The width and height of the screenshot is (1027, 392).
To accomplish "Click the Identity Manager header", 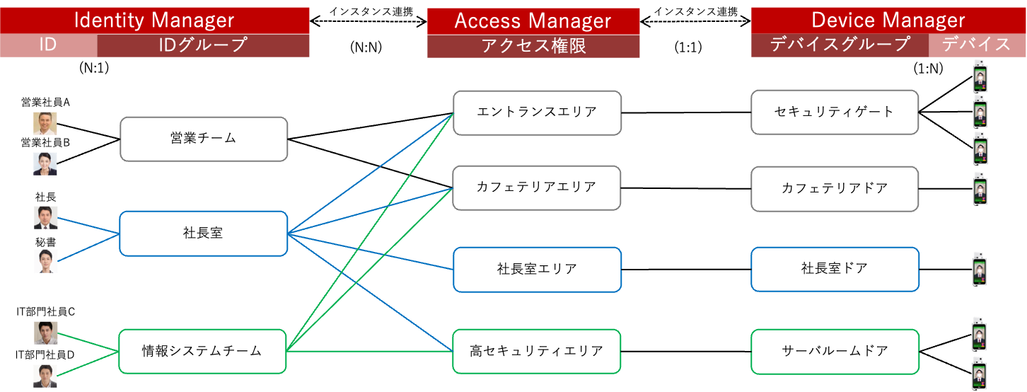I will click(154, 20).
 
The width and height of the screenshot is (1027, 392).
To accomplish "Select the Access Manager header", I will click(533, 21).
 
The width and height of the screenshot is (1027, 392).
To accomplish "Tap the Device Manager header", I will click(888, 21).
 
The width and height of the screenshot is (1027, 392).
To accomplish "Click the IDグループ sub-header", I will click(202, 45).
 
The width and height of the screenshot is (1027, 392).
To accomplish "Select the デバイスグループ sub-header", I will click(840, 45).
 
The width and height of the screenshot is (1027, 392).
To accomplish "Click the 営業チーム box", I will click(204, 139).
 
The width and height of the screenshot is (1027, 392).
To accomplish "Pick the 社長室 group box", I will click(204, 233).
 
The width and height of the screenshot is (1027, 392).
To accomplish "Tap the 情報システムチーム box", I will click(202, 351).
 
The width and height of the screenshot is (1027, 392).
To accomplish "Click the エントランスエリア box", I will click(537, 113).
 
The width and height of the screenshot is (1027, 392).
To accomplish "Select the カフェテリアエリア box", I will click(537, 188).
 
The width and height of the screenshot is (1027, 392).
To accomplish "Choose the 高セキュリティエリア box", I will click(537, 351).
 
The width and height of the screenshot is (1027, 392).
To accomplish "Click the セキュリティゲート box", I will click(835, 113).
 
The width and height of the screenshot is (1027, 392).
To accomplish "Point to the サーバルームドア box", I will click(835, 351).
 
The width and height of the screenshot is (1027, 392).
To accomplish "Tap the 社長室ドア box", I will click(835, 269).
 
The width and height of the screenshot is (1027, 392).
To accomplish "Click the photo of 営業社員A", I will click(45, 123).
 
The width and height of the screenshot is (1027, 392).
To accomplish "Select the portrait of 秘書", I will click(45, 261).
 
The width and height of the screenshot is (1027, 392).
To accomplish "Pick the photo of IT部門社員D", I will click(45, 374).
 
